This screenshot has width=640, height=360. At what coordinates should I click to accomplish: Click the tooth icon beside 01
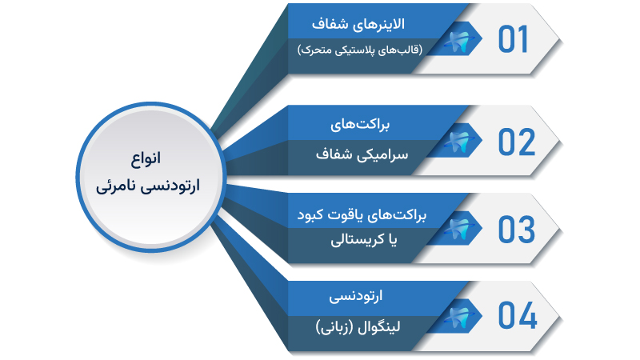[x=461, y=40]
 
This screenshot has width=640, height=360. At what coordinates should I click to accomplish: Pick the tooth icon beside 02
[x=461, y=142]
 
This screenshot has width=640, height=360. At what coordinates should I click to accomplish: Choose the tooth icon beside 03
[x=461, y=229]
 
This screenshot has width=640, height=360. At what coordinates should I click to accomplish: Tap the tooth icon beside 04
[x=461, y=315]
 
